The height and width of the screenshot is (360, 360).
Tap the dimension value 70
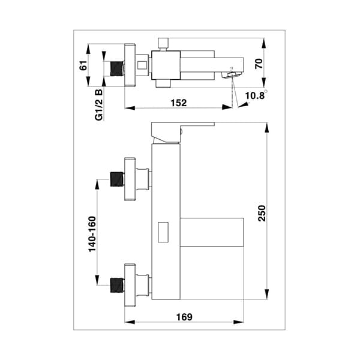[x=259, y=64]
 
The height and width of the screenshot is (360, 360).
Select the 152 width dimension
[x=178, y=102]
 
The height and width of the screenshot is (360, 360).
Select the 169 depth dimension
[x=184, y=317]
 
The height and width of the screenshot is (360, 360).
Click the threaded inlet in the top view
[x=117, y=66]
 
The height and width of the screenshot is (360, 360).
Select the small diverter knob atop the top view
[x=161, y=43]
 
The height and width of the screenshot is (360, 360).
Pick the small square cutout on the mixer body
[x=162, y=232]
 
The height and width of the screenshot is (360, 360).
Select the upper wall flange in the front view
[x=131, y=179]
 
